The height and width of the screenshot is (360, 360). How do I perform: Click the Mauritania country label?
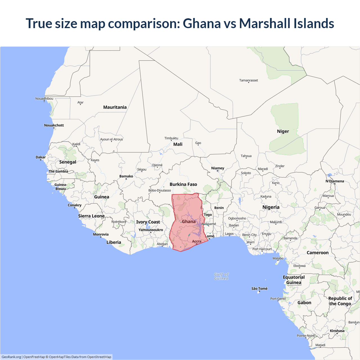[x=115, y=107]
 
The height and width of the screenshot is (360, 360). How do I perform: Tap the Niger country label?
[x=283, y=131]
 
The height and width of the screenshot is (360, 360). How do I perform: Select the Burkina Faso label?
[x=183, y=184]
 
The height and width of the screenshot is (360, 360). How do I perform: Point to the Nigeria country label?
[x=271, y=207]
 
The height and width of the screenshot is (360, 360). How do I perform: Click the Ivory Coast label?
[x=148, y=222]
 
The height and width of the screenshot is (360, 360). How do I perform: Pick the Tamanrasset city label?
[x=248, y=80]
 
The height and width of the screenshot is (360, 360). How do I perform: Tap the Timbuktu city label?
[x=171, y=138]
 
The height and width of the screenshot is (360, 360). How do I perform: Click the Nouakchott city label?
[x=54, y=125]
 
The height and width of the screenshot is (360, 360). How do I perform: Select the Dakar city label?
[x=40, y=157]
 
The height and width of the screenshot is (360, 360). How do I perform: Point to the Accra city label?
[x=197, y=241]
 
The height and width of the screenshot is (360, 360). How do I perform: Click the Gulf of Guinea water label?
[x=221, y=276]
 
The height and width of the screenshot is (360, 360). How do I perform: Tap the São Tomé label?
[x=259, y=289]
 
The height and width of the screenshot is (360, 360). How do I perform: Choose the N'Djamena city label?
[x=335, y=181]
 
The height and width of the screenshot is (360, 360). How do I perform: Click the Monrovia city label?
[x=101, y=234]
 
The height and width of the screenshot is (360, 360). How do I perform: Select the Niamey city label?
[x=218, y=168]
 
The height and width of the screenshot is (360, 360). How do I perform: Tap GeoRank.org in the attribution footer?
[x=11, y=357]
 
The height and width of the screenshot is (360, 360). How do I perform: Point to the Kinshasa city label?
[x=337, y=331]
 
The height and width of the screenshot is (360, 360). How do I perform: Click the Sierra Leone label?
[x=91, y=216]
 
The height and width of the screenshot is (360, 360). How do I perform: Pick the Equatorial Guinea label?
[x=294, y=280]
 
